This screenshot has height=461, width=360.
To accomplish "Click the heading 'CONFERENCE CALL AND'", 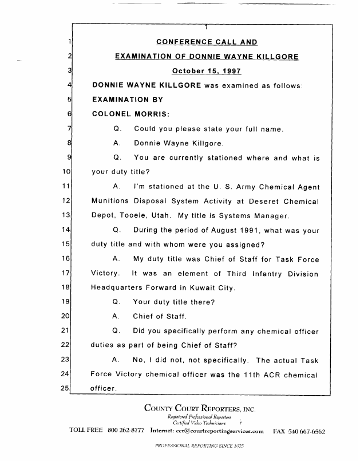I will [x=207, y=42].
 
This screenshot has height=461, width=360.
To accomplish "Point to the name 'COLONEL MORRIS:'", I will [x=127, y=113].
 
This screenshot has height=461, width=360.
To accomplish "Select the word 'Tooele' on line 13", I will [x=133, y=215].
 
